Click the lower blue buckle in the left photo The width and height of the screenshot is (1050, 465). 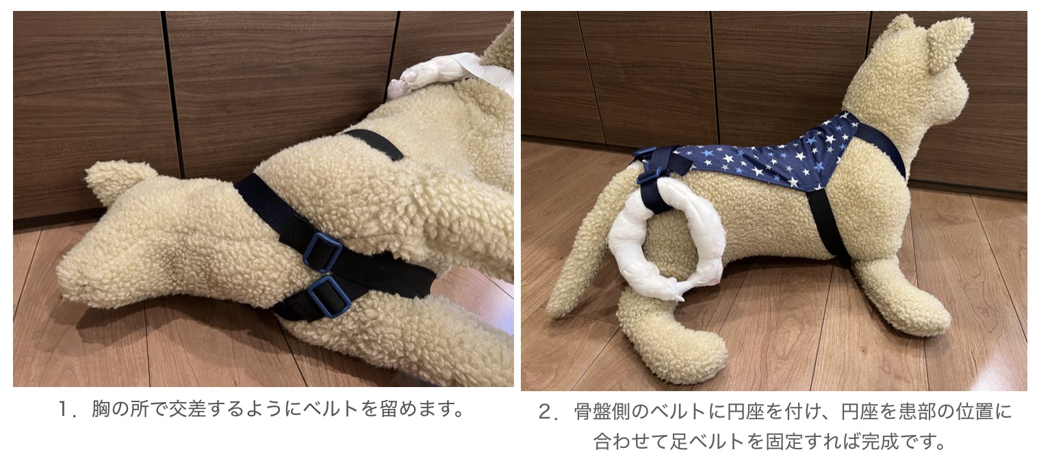[x=329, y=297]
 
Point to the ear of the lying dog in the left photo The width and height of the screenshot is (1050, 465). [x=117, y=181]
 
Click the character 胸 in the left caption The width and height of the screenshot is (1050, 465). [x=101, y=410]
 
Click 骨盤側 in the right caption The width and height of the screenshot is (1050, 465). [x=603, y=412]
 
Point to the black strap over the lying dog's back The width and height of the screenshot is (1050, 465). [x=375, y=144]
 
